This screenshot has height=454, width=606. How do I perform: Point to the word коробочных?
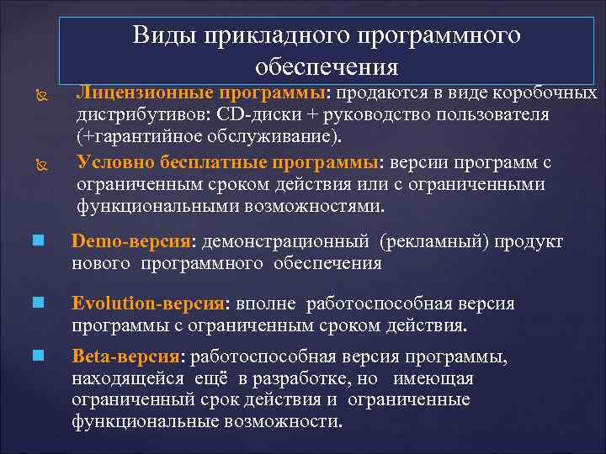[548, 92]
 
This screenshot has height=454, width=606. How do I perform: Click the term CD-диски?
[252, 114]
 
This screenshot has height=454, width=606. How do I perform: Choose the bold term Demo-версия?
[131, 241]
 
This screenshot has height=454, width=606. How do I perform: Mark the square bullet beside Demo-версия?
[38, 242]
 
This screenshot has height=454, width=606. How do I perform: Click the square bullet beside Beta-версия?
[38, 357]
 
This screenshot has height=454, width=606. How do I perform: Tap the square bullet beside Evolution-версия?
[38, 304]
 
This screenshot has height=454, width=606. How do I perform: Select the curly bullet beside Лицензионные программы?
[37, 93]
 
